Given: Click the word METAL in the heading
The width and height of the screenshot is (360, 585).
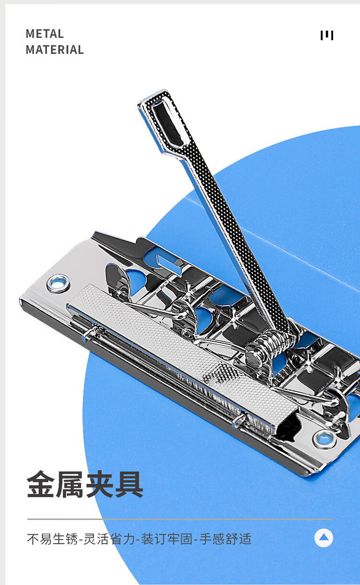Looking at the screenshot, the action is click(45, 34).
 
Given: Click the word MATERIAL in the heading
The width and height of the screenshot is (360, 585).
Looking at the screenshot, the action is click(55, 49).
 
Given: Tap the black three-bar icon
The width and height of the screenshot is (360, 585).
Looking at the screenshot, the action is click(327, 35).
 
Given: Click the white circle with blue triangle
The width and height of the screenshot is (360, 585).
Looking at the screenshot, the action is click(324, 538).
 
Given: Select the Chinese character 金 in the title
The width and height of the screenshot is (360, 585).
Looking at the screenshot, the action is click(41, 485).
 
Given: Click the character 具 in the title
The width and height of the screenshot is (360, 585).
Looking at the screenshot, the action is click(129, 485).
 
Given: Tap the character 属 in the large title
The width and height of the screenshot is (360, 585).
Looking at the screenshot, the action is click(70, 485).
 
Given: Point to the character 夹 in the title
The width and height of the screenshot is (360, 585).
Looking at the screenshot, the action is click(100, 485).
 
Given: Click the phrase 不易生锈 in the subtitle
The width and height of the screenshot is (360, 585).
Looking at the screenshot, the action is click(52, 539).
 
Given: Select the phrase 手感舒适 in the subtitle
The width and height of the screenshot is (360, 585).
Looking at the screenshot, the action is click(226, 539).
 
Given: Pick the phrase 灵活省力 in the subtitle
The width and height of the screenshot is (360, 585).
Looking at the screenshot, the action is click(109, 539).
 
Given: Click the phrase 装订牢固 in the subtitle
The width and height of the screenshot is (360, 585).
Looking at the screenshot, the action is click(167, 539).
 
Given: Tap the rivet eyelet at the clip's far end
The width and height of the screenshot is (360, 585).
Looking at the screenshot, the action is click(58, 283).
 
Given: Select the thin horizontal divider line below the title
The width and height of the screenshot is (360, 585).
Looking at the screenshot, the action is click(180, 519).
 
